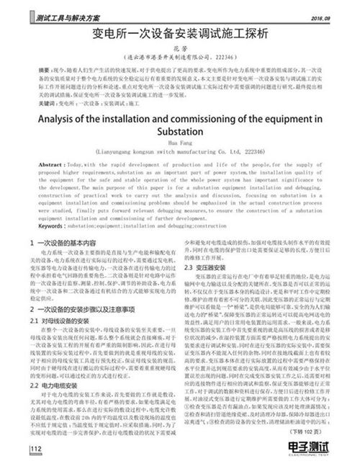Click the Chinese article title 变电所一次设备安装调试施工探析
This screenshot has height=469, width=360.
pos(180,34)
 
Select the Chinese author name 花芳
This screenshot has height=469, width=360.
pos(181,48)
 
